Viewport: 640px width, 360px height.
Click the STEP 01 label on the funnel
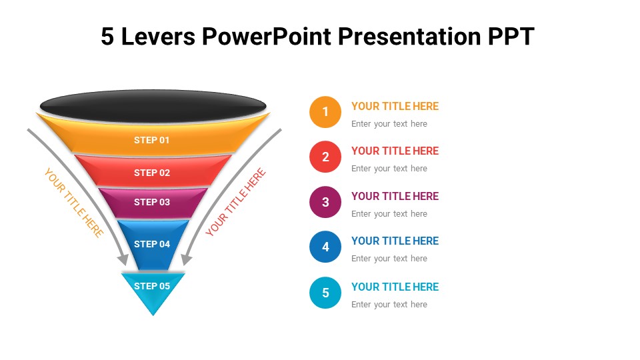tap(152, 140)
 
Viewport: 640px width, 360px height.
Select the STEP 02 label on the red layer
tap(152, 173)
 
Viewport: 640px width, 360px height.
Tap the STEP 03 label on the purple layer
tap(152, 202)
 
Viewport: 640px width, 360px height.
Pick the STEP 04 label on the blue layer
tap(152, 244)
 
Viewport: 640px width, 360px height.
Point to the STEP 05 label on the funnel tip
tap(152, 286)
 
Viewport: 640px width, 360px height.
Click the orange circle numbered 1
tap(325, 112)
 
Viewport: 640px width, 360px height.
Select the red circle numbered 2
tap(325, 157)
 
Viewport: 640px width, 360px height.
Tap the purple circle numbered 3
tap(325, 202)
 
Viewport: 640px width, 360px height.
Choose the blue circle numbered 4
tap(325, 247)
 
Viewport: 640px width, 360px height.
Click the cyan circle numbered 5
tap(325, 293)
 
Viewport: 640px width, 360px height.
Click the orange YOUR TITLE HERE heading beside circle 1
tap(395, 106)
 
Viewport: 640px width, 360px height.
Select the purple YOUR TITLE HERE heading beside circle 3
tap(395, 196)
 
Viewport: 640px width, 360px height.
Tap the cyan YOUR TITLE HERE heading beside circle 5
tap(395, 287)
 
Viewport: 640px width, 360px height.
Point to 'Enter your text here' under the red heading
tap(389, 169)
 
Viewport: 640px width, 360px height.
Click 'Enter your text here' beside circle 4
tap(389, 259)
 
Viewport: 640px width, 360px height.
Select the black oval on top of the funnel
tap(153, 106)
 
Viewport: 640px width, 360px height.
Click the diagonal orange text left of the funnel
tap(73, 203)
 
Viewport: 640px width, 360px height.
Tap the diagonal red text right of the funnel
tap(236, 202)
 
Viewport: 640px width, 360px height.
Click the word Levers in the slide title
tap(158, 37)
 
